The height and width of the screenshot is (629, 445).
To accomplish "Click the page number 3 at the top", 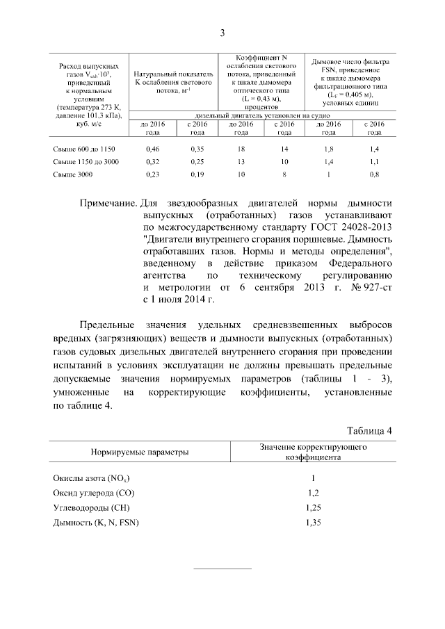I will coord(222,33).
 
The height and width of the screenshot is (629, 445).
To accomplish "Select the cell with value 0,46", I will coord(154,149).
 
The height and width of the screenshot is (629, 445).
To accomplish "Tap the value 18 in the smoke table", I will coord(241,149).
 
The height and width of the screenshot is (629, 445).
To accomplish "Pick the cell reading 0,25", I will coord(197,162).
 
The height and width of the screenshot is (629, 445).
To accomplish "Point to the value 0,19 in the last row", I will coord(197,174).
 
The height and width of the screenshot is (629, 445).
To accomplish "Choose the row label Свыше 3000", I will coord(72,174).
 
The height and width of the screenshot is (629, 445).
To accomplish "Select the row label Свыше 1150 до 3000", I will coord(83,162).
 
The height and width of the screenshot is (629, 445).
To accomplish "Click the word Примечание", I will coord(108,203).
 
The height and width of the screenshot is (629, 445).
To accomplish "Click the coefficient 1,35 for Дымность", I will coord(313,522).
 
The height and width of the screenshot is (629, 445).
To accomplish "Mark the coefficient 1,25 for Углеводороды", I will coord(313,507).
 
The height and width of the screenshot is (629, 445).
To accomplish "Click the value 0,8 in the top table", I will coord(375,174).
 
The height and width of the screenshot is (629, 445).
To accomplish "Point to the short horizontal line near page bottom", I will coord(222,569).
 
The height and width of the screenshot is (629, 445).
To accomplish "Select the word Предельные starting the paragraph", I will coord(108,326).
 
